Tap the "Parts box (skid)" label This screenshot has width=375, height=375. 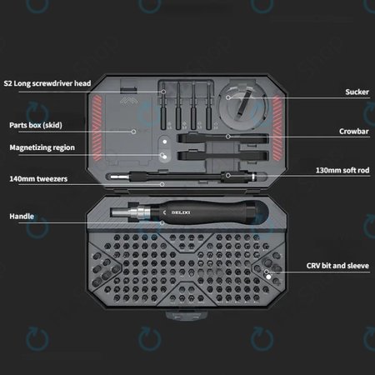point(35,125)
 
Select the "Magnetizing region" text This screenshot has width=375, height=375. point(42,147)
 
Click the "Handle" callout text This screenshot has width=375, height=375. point(22,217)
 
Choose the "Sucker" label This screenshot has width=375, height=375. point(357,92)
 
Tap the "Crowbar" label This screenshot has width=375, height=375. point(353,131)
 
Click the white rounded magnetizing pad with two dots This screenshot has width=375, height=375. point(164,148)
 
